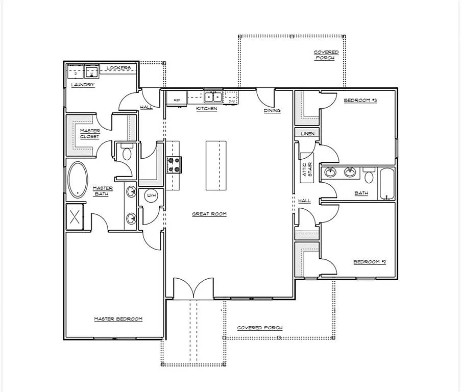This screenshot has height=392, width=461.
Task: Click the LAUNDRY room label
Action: [x=83, y=84]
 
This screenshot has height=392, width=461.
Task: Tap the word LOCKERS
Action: [x=118, y=68]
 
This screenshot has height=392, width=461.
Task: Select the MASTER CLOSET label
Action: [x=89, y=133]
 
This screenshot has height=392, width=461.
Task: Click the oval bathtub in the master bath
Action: [x=78, y=180]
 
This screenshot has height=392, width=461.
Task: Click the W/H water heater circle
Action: [x=151, y=195]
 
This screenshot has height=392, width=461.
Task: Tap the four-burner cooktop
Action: [x=174, y=164]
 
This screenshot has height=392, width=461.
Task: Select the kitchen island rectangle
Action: [x=216, y=165]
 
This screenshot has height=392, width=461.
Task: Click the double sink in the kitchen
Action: [x=213, y=96]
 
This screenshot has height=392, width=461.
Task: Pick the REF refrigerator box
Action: [x=177, y=100]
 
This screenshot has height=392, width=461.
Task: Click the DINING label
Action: [x=272, y=110]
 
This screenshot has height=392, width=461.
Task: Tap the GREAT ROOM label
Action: [x=209, y=214]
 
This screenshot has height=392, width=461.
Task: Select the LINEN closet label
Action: [x=307, y=133]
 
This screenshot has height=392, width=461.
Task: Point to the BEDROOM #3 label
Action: [x=360, y=101]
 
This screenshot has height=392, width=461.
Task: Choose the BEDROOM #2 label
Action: [x=370, y=262]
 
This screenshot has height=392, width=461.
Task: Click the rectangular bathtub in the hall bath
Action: [x=387, y=184]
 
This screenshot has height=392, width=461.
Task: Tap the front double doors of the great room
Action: [x=193, y=288]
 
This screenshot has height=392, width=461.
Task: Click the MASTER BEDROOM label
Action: [x=118, y=319]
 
